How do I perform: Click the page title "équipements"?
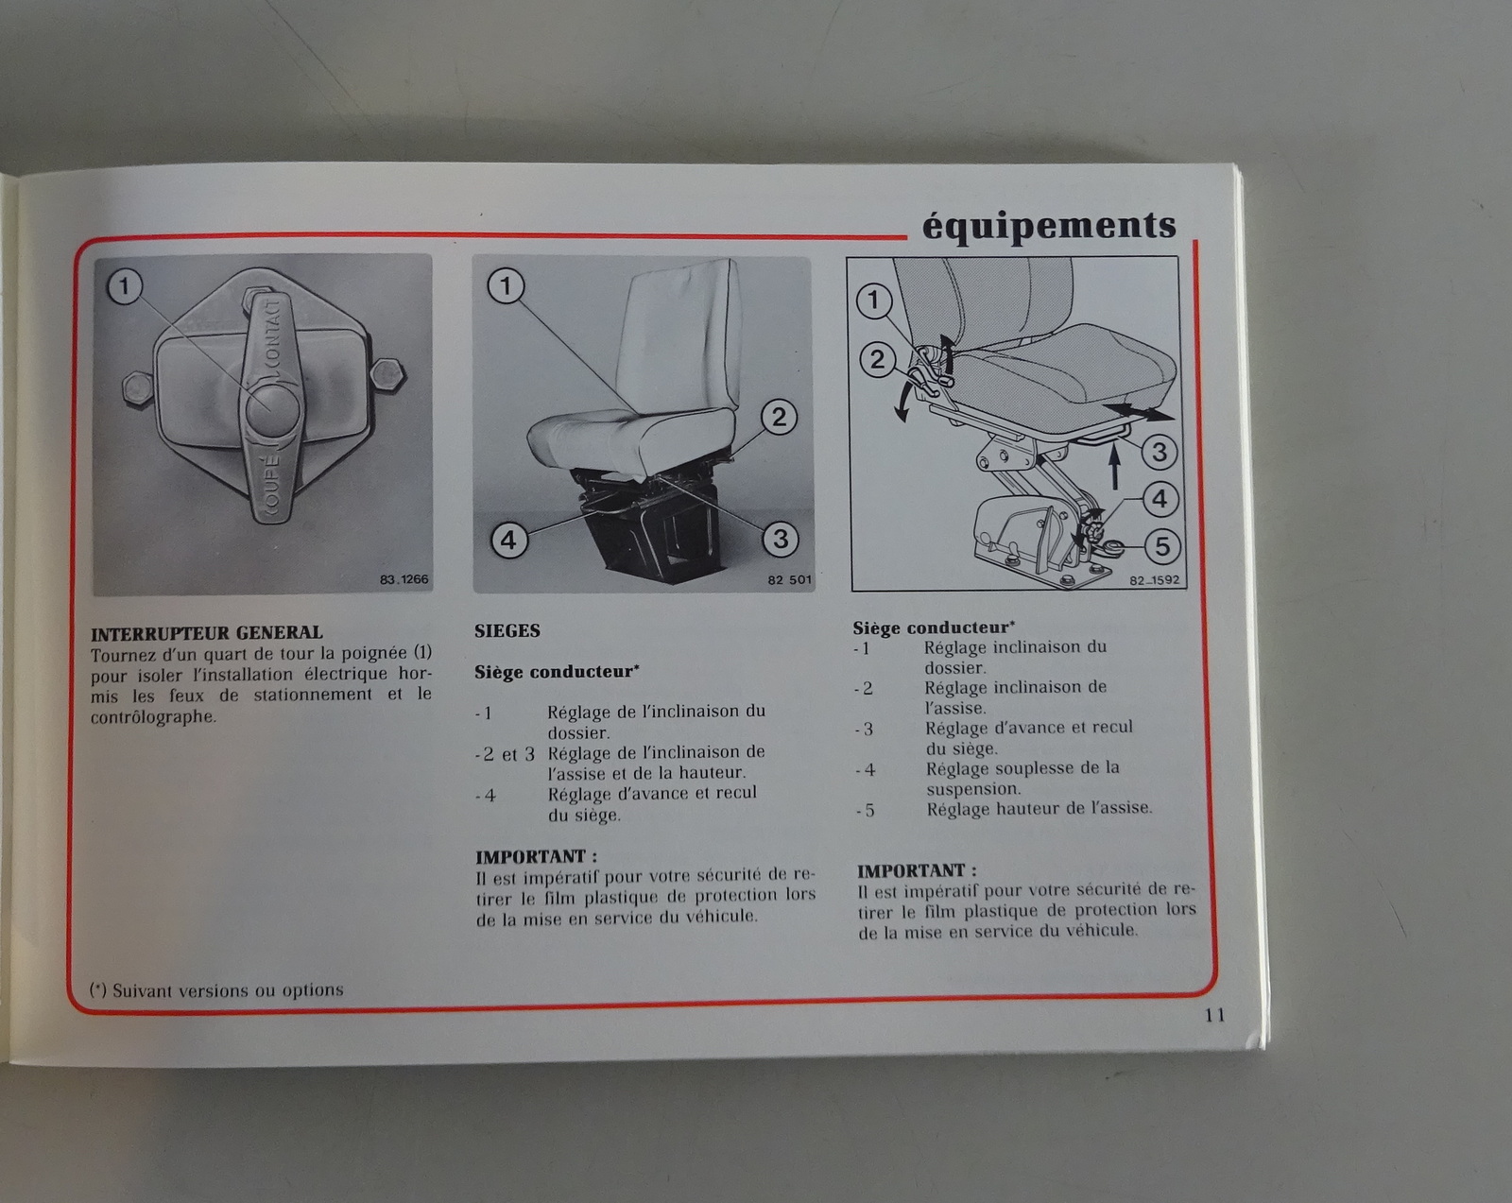click(1048, 226)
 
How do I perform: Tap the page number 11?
click(1215, 1015)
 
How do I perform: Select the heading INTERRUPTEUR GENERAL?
click(207, 632)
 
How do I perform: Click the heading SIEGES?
click(507, 631)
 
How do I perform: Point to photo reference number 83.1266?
click(404, 579)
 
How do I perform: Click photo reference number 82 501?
click(789, 579)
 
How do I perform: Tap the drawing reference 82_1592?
click(1155, 580)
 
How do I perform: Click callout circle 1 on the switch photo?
click(125, 286)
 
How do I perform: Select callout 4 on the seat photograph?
click(508, 540)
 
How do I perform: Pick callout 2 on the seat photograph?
click(779, 418)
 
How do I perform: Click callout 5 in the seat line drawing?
click(1162, 546)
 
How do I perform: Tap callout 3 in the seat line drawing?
click(1160, 452)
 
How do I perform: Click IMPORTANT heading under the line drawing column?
click(917, 870)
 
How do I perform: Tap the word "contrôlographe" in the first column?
click(152, 716)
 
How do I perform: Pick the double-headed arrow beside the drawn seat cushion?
click(1138, 412)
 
